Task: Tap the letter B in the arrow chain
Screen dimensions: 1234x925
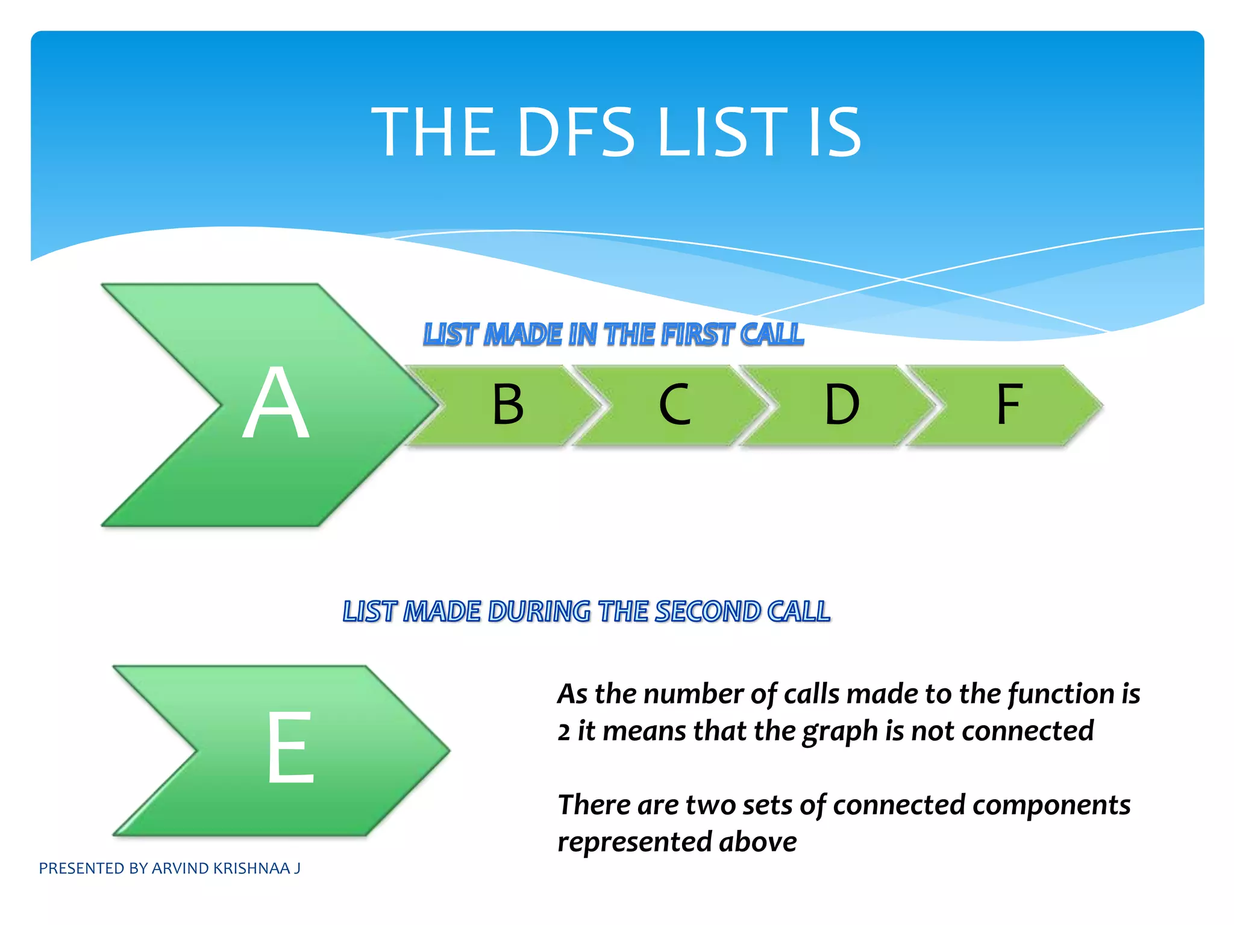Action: point(508,405)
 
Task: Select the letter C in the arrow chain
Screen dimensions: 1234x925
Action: point(674,405)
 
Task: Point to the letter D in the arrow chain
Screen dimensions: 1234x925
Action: point(841,405)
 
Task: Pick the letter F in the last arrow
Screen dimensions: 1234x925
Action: point(1009,405)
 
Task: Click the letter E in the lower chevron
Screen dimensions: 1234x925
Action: point(290,747)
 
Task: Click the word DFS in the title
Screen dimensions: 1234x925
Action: point(575,132)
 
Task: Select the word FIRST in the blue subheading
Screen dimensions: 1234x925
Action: point(698,335)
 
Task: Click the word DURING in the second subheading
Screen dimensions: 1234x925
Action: point(539,612)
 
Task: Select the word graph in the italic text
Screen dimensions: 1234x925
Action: point(840,732)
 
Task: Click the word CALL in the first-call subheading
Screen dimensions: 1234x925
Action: point(772,335)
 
